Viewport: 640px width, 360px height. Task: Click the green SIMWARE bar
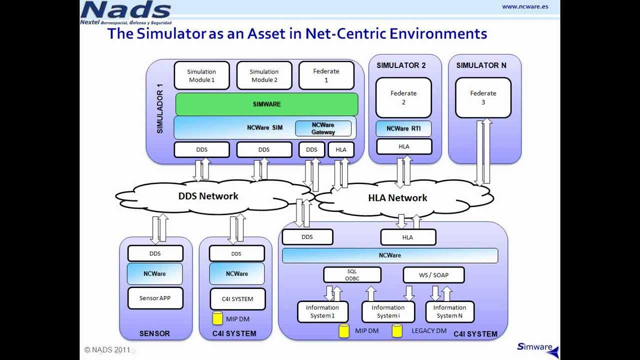266,104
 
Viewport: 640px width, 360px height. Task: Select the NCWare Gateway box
323,128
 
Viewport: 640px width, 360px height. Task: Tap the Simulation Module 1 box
201,75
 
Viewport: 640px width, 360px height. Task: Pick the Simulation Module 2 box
264,75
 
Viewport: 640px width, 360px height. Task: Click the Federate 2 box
403,97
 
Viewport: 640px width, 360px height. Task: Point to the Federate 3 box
483,97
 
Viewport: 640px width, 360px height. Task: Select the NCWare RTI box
403,128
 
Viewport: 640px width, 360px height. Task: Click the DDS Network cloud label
208,196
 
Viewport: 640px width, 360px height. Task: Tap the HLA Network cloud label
397,197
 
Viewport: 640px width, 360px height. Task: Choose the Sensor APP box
155,298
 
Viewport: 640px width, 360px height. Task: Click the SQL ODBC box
352,275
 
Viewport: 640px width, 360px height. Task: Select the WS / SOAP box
433,275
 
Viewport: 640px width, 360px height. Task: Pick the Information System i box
388,311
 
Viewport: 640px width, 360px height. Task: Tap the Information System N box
449,311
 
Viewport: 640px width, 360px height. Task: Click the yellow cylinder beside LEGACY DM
397,331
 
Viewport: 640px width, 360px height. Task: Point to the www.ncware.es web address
525,6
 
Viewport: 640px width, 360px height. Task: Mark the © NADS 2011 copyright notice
107,349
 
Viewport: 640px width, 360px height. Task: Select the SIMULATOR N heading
481,65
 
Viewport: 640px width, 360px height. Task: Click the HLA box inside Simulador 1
341,149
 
